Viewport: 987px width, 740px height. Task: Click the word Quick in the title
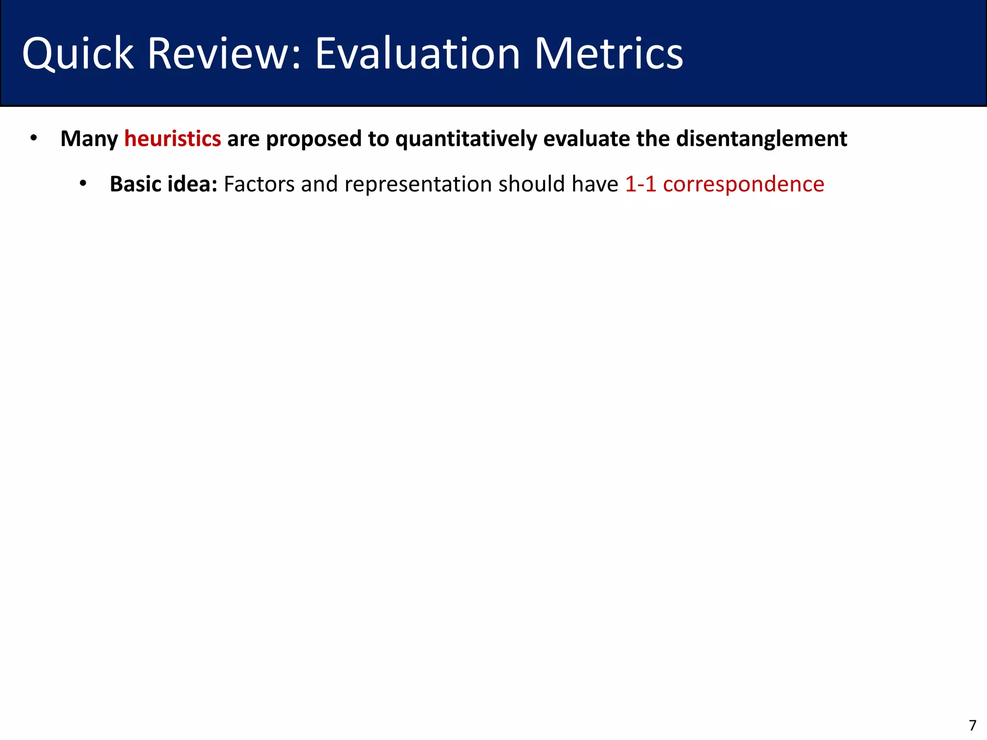point(78,54)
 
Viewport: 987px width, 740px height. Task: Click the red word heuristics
point(173,139)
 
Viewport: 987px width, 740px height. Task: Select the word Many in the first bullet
point(89,139)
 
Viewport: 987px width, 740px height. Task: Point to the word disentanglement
point(761,139)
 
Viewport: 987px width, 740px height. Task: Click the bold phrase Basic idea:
point(163,184)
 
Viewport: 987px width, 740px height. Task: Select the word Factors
point(259,184)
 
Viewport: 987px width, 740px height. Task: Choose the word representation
point(418,185)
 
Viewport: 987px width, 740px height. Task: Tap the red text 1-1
point(640,184)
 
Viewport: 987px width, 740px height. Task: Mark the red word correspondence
point(744,185)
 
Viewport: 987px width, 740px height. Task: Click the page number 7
point(973,725)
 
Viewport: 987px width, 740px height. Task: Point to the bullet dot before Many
point(33,138)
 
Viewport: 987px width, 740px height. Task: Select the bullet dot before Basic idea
point(83,184)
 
